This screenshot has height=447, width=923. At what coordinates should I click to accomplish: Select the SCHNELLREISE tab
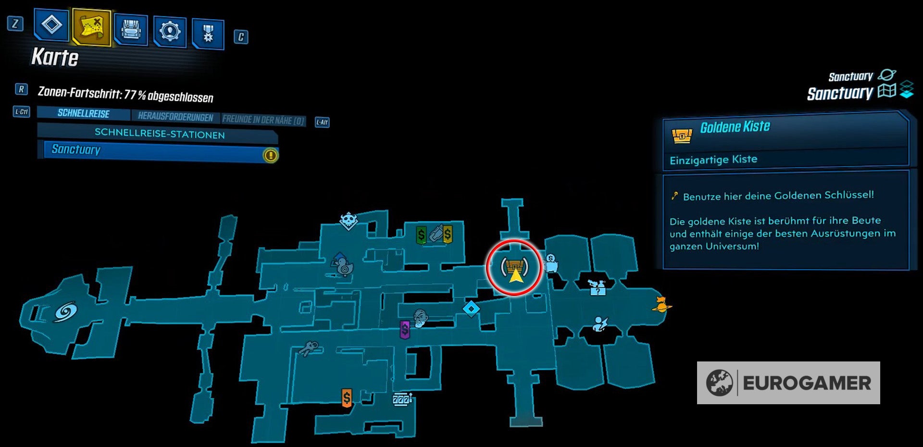pyautogui.click(x=84, y=113)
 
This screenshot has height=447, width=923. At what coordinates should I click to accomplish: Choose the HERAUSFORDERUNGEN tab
pyautogui.click(x=175, y=117)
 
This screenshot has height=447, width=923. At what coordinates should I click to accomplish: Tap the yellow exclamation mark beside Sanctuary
pyautogui.click(x=271, y=155)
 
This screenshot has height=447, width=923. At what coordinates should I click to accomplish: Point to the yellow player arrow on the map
pyautogui.click(x=515, y=276)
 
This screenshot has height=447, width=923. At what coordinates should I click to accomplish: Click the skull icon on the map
pyautogui.click(x=349, y=221)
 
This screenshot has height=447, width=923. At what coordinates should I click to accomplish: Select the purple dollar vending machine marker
pyautogui.click(x=405, y=330)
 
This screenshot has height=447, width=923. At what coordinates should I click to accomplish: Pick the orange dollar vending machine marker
pyautogui.click(x=347, y=397)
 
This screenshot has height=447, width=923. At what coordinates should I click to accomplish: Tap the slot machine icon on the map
pyautogui.click(x=401, y=399)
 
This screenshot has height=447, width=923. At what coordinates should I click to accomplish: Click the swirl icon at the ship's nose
pyautogui.click(x=65, y=312)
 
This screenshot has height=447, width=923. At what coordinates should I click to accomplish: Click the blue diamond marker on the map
pyautogui.click(x=471, y=309)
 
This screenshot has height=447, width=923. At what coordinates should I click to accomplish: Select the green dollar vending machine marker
pyautogui.click(x=421, y=235)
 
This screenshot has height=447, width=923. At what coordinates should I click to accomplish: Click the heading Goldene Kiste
pyautogui.click(x=735, y=127)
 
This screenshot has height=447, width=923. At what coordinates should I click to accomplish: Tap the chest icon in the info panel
pyautogui.click(x=682, y=136)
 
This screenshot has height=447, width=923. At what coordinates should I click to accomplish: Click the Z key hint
pyautogui.click(x=15, y=24)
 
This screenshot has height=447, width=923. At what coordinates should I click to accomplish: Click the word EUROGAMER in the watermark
pyautogui.click(x=807, y=383)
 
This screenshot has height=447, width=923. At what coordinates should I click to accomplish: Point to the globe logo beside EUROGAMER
pyautogui.click(x=719, y=383)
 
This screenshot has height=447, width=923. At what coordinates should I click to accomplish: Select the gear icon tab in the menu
pyautogui.click(x=170, y=32)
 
